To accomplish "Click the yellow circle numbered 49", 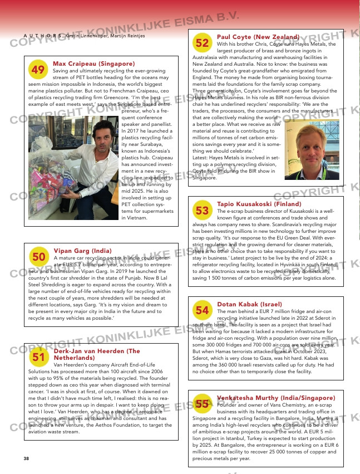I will click(x=38, y=70).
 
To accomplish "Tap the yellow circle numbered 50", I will click(x=39, y=257).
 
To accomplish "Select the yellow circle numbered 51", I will click(x=39, y=357).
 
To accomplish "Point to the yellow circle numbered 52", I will click(x=203, y=42).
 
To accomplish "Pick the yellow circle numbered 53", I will click(x=203, y=211).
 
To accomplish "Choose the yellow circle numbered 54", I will click(x=203, y=310).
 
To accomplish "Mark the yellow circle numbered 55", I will click(x=203, y=404).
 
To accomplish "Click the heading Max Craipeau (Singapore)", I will click(x=93, y=64).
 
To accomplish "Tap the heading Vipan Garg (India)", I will click(x=82, y=251).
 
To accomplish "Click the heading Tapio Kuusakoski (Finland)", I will click(x=259, y=204).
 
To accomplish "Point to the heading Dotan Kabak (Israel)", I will click(x=249, y=304).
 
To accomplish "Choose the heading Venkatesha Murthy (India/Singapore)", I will click(x=276, y=398).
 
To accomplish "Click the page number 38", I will click(x=26, y=458).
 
